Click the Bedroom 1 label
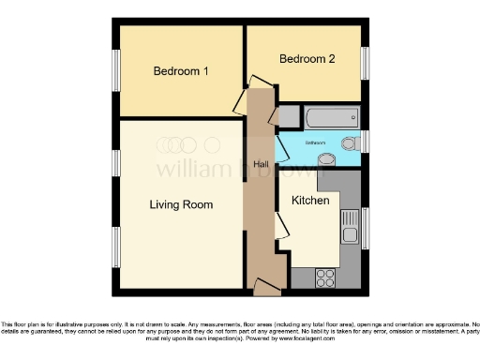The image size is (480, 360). (181, 71)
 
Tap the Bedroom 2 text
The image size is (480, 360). (307, 59)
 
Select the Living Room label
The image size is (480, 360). (181, 204)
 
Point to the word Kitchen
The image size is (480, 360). (309, 201)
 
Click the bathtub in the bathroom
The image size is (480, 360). (331, 117)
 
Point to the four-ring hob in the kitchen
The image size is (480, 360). (327, 277)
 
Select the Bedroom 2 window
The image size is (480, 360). (365, 62)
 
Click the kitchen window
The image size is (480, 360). (365, 228)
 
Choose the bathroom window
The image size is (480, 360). (365, 141)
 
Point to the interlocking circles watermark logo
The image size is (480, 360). (187, 145)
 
